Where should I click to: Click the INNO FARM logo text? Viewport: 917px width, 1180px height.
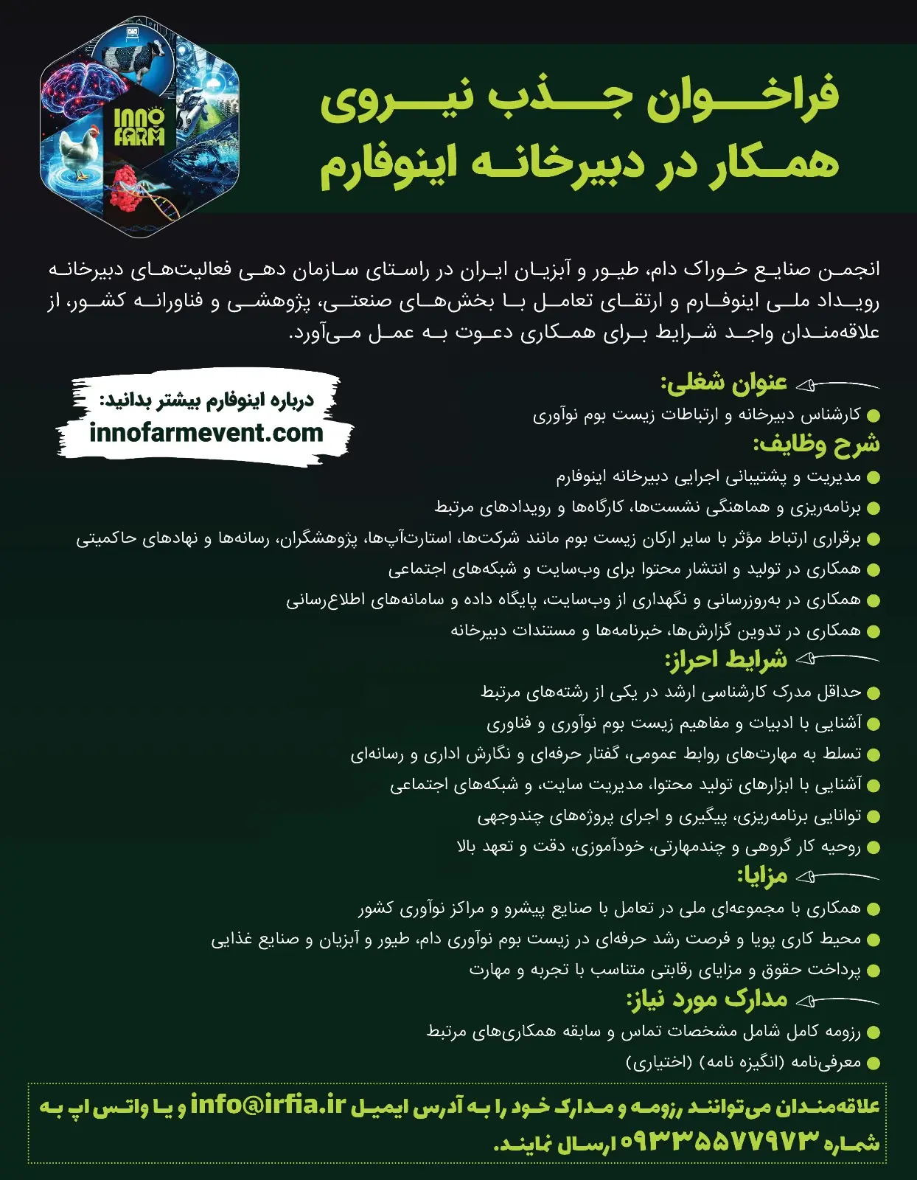click(x=139, y=127)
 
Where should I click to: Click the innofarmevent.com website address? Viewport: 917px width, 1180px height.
click(x=206, y=433)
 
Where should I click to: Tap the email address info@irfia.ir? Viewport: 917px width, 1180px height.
click(x=268, y=1105)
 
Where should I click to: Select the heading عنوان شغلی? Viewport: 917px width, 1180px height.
click(x=724, y=383)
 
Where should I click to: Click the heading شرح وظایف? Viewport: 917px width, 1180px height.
click(x=816, y=444)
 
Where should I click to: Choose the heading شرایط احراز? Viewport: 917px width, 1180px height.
click(x=726, y=659)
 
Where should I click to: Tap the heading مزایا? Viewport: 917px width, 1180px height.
click(x=762, y=876)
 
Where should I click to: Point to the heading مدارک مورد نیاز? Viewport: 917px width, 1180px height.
click(x=707, y=999)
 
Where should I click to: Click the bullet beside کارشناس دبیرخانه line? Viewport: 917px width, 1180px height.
click(x=874, y=416)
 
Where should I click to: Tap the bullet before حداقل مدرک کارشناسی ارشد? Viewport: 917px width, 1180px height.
click(x=874, y=693)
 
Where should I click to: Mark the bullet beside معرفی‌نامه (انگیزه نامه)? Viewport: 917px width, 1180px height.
click(x=874, y=1063)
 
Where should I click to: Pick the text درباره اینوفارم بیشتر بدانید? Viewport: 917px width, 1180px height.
click(x=207, y=401)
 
